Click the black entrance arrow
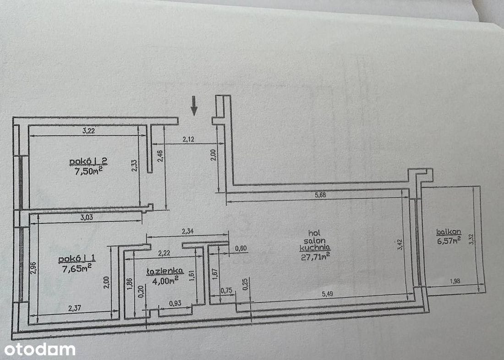[194, 105]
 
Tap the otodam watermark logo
[40, 349]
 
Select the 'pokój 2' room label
[88, 161]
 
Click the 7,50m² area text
[88, 171]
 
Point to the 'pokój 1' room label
[77, 258]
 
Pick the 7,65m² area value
[77, 268]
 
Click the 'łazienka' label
[165, 271]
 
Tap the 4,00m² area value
[165, 281]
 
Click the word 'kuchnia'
[315, 248]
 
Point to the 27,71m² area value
[315, 256]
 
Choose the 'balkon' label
[449, 232]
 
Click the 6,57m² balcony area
[449, 240]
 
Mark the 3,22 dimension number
[88, 131]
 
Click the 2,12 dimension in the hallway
[188, 139]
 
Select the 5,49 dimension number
[329, 294]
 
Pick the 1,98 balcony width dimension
[455, 281]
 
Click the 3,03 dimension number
[87, 217]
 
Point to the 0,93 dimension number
[175, 303]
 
